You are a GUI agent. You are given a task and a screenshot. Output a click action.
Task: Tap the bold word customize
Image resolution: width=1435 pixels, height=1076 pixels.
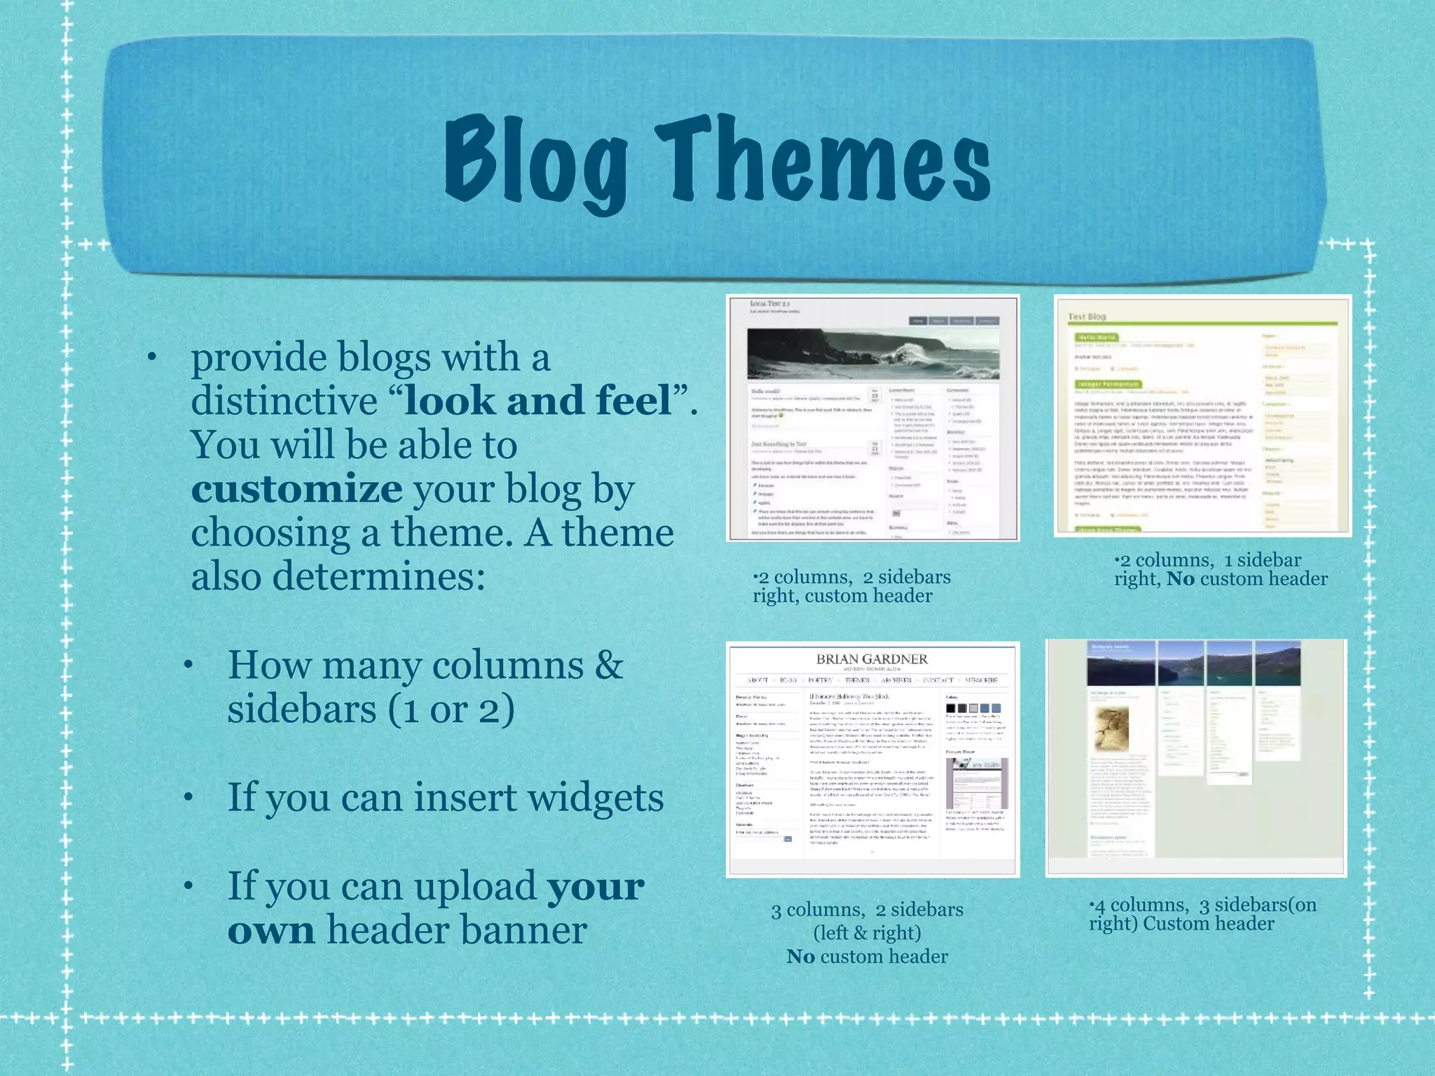(296, 489)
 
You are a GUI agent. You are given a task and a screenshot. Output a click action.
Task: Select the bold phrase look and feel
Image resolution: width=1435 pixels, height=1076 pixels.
(537, 401)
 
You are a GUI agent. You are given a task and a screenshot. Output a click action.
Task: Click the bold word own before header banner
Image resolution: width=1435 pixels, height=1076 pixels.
(271, 930)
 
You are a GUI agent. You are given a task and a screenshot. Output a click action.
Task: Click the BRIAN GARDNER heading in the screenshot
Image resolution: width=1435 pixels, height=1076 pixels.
(872, 659)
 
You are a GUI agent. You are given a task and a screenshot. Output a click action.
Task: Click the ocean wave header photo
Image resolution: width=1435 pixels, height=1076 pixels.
(873, 355)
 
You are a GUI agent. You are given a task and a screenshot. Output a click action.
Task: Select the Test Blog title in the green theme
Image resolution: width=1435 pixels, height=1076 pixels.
(1087, 317)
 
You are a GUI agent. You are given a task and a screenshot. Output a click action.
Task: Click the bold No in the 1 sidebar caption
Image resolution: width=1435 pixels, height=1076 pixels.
(1180, 579)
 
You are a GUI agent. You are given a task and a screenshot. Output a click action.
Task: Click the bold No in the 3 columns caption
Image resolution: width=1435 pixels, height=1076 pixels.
(800, 957)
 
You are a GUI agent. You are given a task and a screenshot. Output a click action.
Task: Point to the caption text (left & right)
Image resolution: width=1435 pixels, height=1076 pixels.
(867, 933)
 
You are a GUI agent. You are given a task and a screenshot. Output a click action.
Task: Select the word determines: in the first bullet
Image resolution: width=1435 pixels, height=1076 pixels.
(378, 577)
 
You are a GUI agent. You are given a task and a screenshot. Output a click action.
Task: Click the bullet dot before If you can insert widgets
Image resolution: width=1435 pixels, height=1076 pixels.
(188, 799)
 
